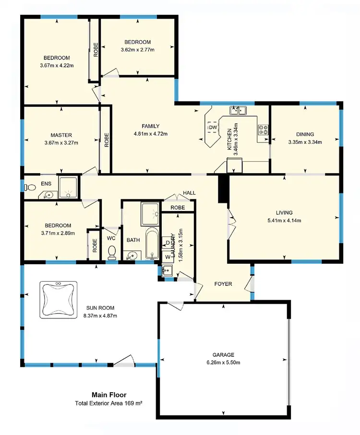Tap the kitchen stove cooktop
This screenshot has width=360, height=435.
click(x=264, y=129)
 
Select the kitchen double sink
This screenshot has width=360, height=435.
click(x=238, y=111)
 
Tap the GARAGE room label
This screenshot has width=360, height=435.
click(x=223, y=355)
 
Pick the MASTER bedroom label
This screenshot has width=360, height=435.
click(x=61, y=135)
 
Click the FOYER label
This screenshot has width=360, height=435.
click(x=223, y=284)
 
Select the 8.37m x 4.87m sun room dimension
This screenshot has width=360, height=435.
click(x=100, y=316)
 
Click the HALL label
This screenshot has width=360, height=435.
click(x=189, y=193)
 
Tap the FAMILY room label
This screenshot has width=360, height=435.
click(x=151, y=126)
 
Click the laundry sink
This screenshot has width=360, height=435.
click(x=166, y=271)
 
